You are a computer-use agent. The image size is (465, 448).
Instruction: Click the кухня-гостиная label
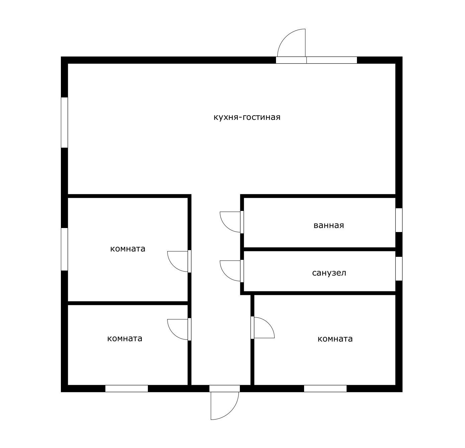(x=247, y=117)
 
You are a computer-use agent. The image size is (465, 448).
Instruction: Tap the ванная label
(x=329, y=225)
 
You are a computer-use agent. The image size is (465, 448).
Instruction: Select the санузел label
(x=329, y=273)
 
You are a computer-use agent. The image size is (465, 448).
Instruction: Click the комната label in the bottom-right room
(x=335, y=339)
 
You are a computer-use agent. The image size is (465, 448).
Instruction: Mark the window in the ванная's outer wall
(x=399, y=220)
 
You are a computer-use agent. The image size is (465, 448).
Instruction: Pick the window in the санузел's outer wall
(x=399, y=269)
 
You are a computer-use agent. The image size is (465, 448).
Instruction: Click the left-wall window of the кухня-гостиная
(x=65, y=123)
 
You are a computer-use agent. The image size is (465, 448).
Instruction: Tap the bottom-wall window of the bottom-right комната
(x=325, y=388)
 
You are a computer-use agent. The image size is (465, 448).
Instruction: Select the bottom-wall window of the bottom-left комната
(x=127, y=388)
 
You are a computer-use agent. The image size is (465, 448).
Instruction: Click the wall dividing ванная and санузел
(x=319, y=249)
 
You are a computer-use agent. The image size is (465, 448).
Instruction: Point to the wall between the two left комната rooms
(x=128, y=303)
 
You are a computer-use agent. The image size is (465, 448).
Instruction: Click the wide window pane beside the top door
(x=332, y=60)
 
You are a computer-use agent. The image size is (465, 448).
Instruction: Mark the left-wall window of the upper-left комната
(x=65, y=249)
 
